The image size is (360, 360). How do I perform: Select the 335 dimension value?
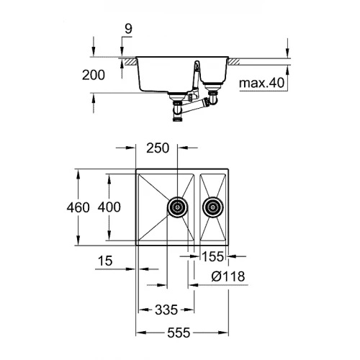pyautogui.click(x=166, y=312)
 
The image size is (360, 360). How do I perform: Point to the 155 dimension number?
pyautogui.click(x=211, y=255)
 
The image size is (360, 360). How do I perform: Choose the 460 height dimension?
pyautogui.click(x=80, y=207)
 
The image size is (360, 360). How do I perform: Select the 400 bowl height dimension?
pyautogui.click(x=109, y=207)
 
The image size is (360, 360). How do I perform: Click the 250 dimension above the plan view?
pyautogui.click(x=157, y=149)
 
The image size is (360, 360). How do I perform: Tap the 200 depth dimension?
pyautogui.click(x=94, y=74)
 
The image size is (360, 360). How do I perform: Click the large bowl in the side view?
pyautogui.click(x=162, y=76)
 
